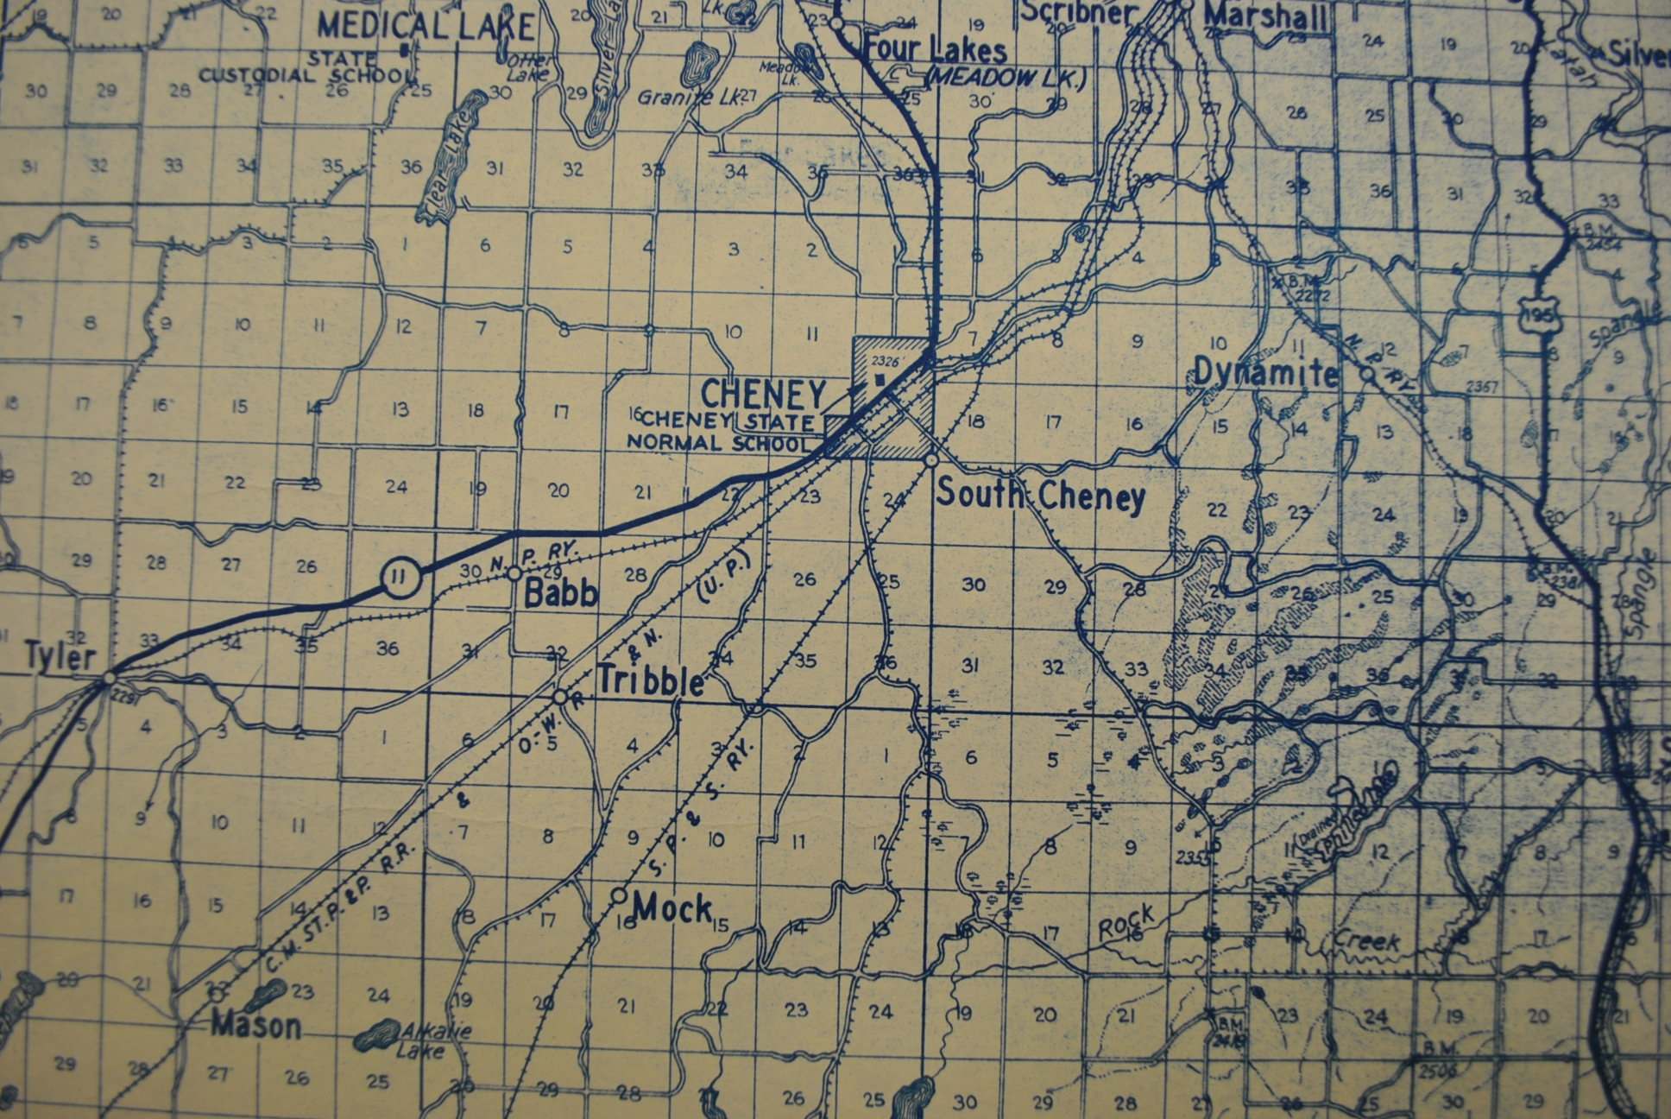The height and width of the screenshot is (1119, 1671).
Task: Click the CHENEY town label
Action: click(763, 395)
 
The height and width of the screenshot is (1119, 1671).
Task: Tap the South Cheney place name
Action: click(1041, 496)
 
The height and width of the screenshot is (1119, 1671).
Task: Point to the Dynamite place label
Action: click(1265, 373)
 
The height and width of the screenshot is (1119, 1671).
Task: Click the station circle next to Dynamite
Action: click(1366, 375)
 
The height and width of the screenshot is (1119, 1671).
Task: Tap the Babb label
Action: click(561, 593)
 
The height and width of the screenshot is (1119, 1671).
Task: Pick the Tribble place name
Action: click(651, 681)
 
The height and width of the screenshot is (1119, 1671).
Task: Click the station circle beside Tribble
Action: click(560, 696)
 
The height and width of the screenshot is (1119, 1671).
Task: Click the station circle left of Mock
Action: click(619, 895)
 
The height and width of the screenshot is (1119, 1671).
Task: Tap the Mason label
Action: click(256, 1026)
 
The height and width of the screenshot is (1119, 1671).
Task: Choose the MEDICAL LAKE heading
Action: click(426, 26)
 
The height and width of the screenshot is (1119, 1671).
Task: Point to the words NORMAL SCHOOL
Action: click(719, 443)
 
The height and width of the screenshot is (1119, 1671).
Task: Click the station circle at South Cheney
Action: click(931, 461)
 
